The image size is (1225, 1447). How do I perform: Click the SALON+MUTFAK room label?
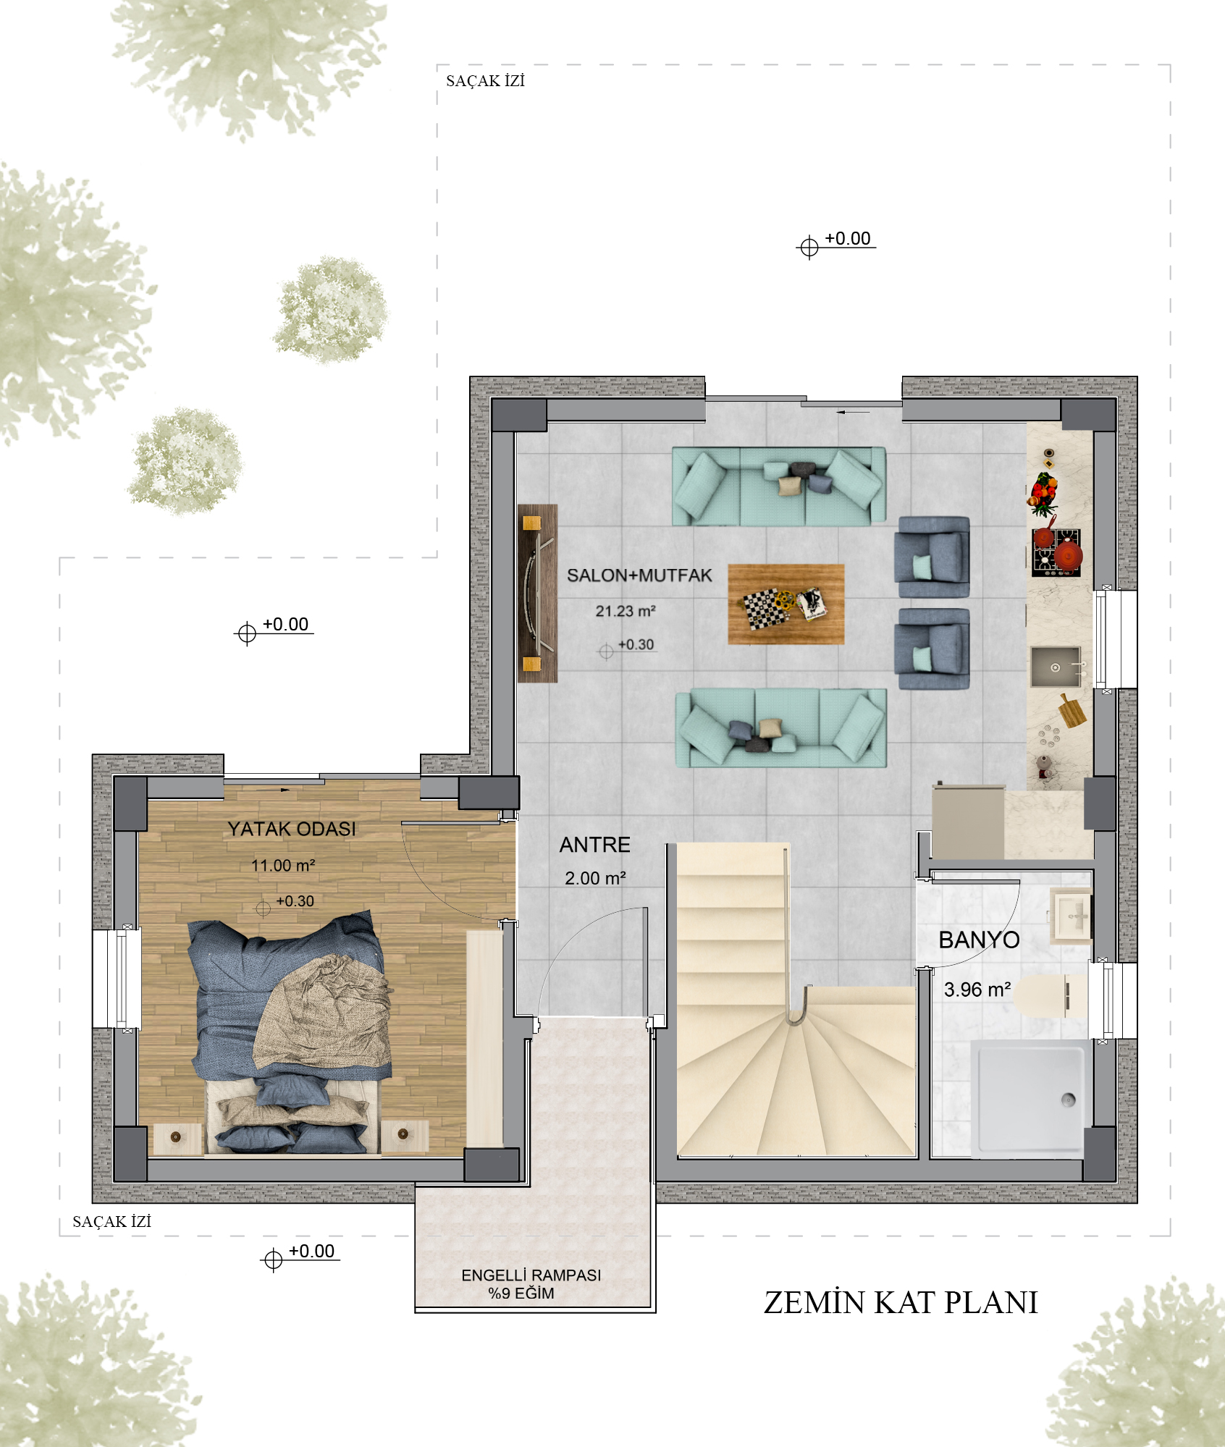tap(639, 575)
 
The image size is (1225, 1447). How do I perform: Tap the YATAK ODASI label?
tap(292, 829)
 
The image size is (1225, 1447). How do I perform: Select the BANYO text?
tap(979, 940)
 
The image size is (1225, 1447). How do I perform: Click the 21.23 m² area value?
tap(626, 611)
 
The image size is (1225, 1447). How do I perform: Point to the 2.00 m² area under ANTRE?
tap(595, 878)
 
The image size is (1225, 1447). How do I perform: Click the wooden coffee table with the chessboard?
tap(786, 604)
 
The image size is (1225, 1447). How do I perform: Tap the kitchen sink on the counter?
tap(1056, 667)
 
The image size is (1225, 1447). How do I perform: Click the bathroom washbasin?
tap(1072, 916)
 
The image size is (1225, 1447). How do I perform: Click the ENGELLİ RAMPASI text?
tap(531, 1275)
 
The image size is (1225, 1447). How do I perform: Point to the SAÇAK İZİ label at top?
tap(485, 80)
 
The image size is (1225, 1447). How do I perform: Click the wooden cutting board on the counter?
tap(1072, 711)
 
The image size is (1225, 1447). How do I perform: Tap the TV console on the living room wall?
tap(537, 593)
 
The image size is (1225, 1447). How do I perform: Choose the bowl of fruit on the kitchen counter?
tap(1043, 493)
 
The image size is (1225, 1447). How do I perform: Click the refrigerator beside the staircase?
tap(968, 822)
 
